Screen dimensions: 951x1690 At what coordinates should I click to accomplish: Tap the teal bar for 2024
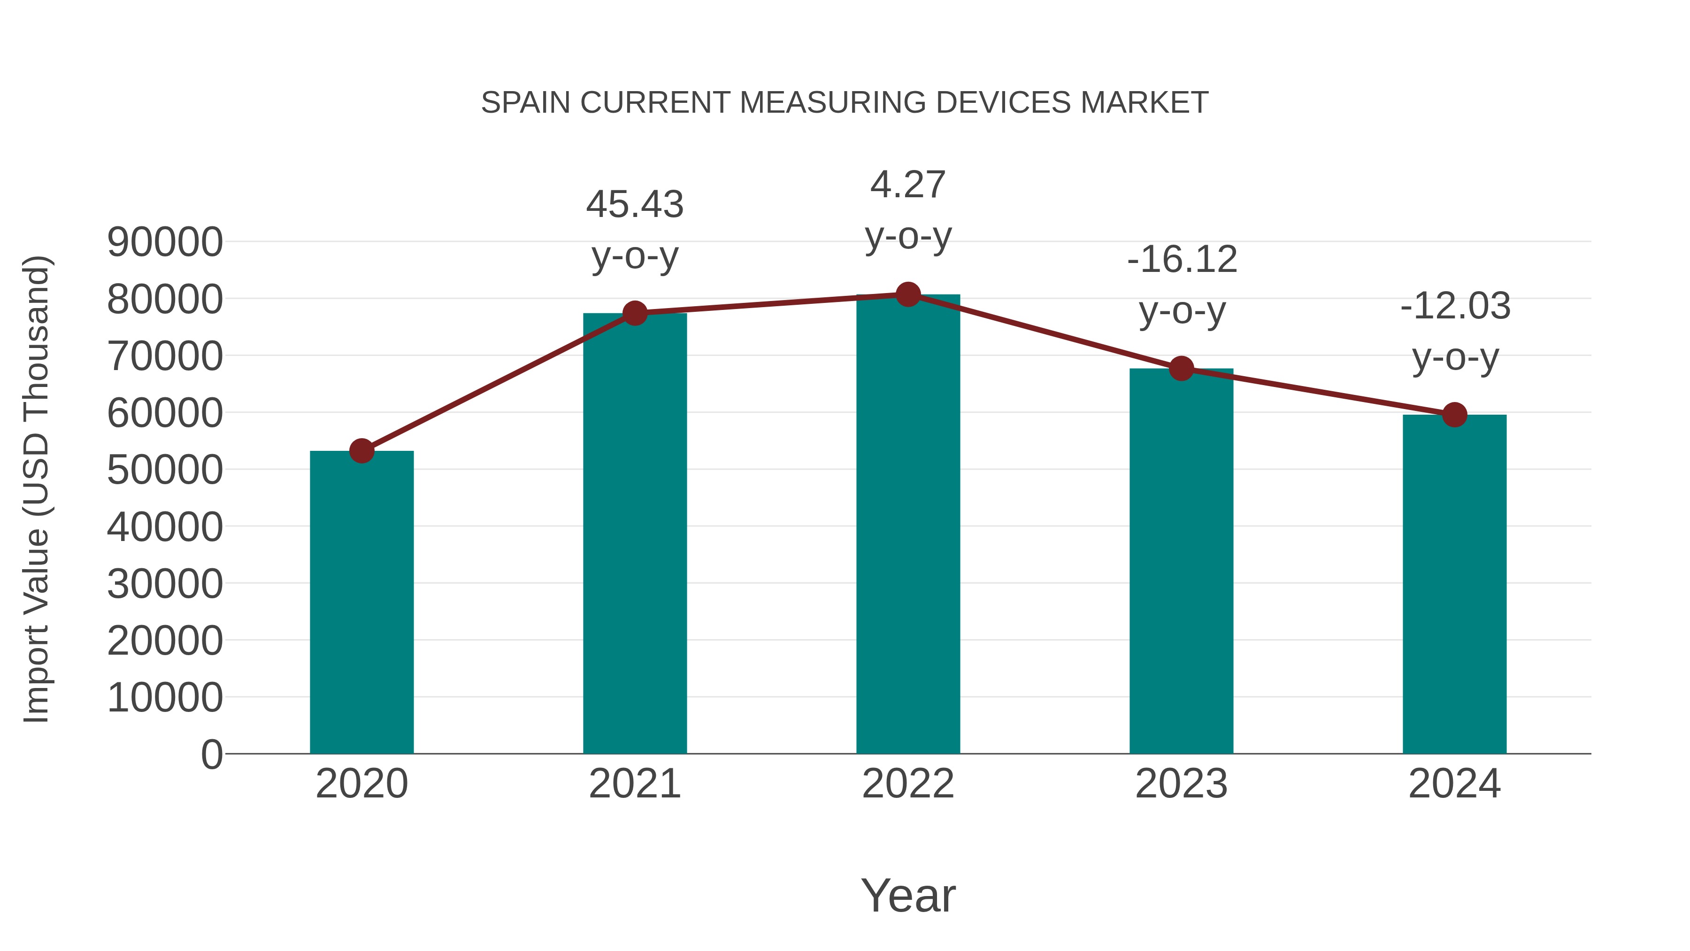pyautogui.click(x=1454, y=584)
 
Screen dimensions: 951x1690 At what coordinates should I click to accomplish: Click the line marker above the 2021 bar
pyautogui.click(x=634, y=313)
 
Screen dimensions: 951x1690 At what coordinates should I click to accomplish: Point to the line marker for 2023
pyautogui.click(x=1181, y=369)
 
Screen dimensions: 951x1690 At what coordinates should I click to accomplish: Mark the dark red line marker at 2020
pyautogui.click(x=361, y=451)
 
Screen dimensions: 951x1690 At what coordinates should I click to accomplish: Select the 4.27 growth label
pyautogui.click(x=908, y=185)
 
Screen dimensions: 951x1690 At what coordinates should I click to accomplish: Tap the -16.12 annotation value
pyautogui.click(x=1182, y=259)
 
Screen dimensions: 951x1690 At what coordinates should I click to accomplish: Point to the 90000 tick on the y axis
pyautogui.click(x=165, y=242)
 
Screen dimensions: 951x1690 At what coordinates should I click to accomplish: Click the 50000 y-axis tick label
pyautogui.click(x=165, y=470)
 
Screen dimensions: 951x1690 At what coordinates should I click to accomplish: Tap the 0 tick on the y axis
pyautogui.click(x=211, y=754)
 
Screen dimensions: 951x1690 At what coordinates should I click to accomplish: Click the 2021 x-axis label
pyautogui.click(x=634, y=784)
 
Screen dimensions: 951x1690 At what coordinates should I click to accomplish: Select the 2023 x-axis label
pyautogui.click(x=1181, y=784)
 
